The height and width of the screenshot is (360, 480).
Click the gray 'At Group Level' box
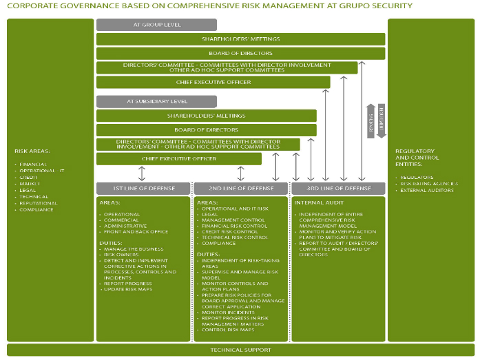pos(156,25)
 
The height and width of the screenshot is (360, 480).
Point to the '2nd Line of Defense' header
pos(240,188)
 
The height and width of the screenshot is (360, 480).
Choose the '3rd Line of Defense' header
pos(337,188)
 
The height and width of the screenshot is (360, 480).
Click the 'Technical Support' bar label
pos(240,350)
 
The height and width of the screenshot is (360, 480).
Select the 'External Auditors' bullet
pos(427,190)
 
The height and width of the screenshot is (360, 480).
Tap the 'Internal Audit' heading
pos(317,203)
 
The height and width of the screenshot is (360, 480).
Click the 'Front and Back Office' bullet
pos(136,232)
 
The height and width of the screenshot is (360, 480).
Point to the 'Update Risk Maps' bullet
pos(128,289)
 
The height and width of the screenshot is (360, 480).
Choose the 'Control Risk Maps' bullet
pos(229,330)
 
